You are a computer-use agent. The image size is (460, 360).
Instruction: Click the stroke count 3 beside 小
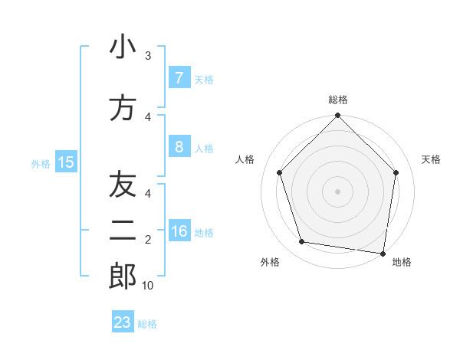[148, 56]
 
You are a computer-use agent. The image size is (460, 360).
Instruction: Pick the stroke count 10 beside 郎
[148, 286]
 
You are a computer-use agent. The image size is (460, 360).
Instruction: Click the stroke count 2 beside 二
[148, 240]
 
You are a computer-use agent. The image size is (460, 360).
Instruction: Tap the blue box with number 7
[179, 78]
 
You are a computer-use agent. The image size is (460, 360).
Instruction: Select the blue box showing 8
[179, 147]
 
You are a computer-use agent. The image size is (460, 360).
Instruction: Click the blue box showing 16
[179, 231]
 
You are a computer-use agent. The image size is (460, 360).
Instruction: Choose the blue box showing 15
[65, 162]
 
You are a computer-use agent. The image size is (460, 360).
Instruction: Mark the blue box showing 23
[123, 322]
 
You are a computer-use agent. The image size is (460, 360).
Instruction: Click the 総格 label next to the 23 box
[148, 324]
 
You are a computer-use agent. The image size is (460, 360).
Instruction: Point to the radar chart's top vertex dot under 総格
[337, 116]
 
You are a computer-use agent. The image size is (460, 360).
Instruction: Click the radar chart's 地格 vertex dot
[383, 253]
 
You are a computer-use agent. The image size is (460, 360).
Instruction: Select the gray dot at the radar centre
[337, 191]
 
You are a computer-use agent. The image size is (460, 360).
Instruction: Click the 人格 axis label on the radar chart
[245, 159]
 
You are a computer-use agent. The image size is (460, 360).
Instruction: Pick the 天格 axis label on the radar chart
[432, 159]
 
